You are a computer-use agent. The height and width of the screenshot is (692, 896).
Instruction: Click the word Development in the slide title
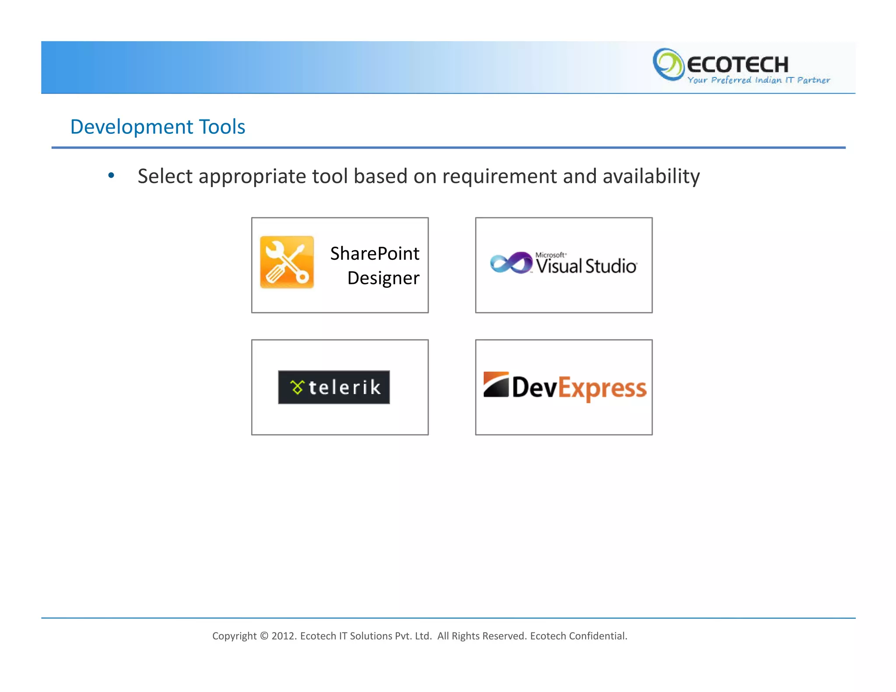tap(131, 127)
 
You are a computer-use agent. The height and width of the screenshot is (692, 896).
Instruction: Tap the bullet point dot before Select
tap(111, 175)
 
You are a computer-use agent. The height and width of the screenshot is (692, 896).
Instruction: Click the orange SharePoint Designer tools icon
tap(287, 262)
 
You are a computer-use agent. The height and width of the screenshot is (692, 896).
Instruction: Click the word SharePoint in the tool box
tap(374, 254)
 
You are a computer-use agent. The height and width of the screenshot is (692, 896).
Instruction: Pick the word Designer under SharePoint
tap(383, 278)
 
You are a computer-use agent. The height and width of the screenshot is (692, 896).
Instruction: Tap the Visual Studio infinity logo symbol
tap(511, 263)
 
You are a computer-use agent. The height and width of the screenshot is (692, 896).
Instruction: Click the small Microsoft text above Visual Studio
tap(550, 255)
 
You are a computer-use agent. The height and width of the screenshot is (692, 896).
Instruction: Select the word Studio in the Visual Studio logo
tap(611, 266)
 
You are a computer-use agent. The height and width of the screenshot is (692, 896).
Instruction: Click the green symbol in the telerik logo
tap(297, 387)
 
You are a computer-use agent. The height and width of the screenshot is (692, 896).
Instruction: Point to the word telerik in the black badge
tap(345, 388)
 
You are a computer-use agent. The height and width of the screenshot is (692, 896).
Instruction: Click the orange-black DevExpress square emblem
tap(496, 384)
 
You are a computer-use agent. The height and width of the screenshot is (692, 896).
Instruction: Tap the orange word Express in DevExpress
tap(602, 388)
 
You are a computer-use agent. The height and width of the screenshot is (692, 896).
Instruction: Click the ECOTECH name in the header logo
tap(738, 65)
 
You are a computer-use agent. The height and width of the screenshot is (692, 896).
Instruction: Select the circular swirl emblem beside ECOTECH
tap(668, 64)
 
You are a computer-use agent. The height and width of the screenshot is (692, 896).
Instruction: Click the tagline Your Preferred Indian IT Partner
tap(758, 80)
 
